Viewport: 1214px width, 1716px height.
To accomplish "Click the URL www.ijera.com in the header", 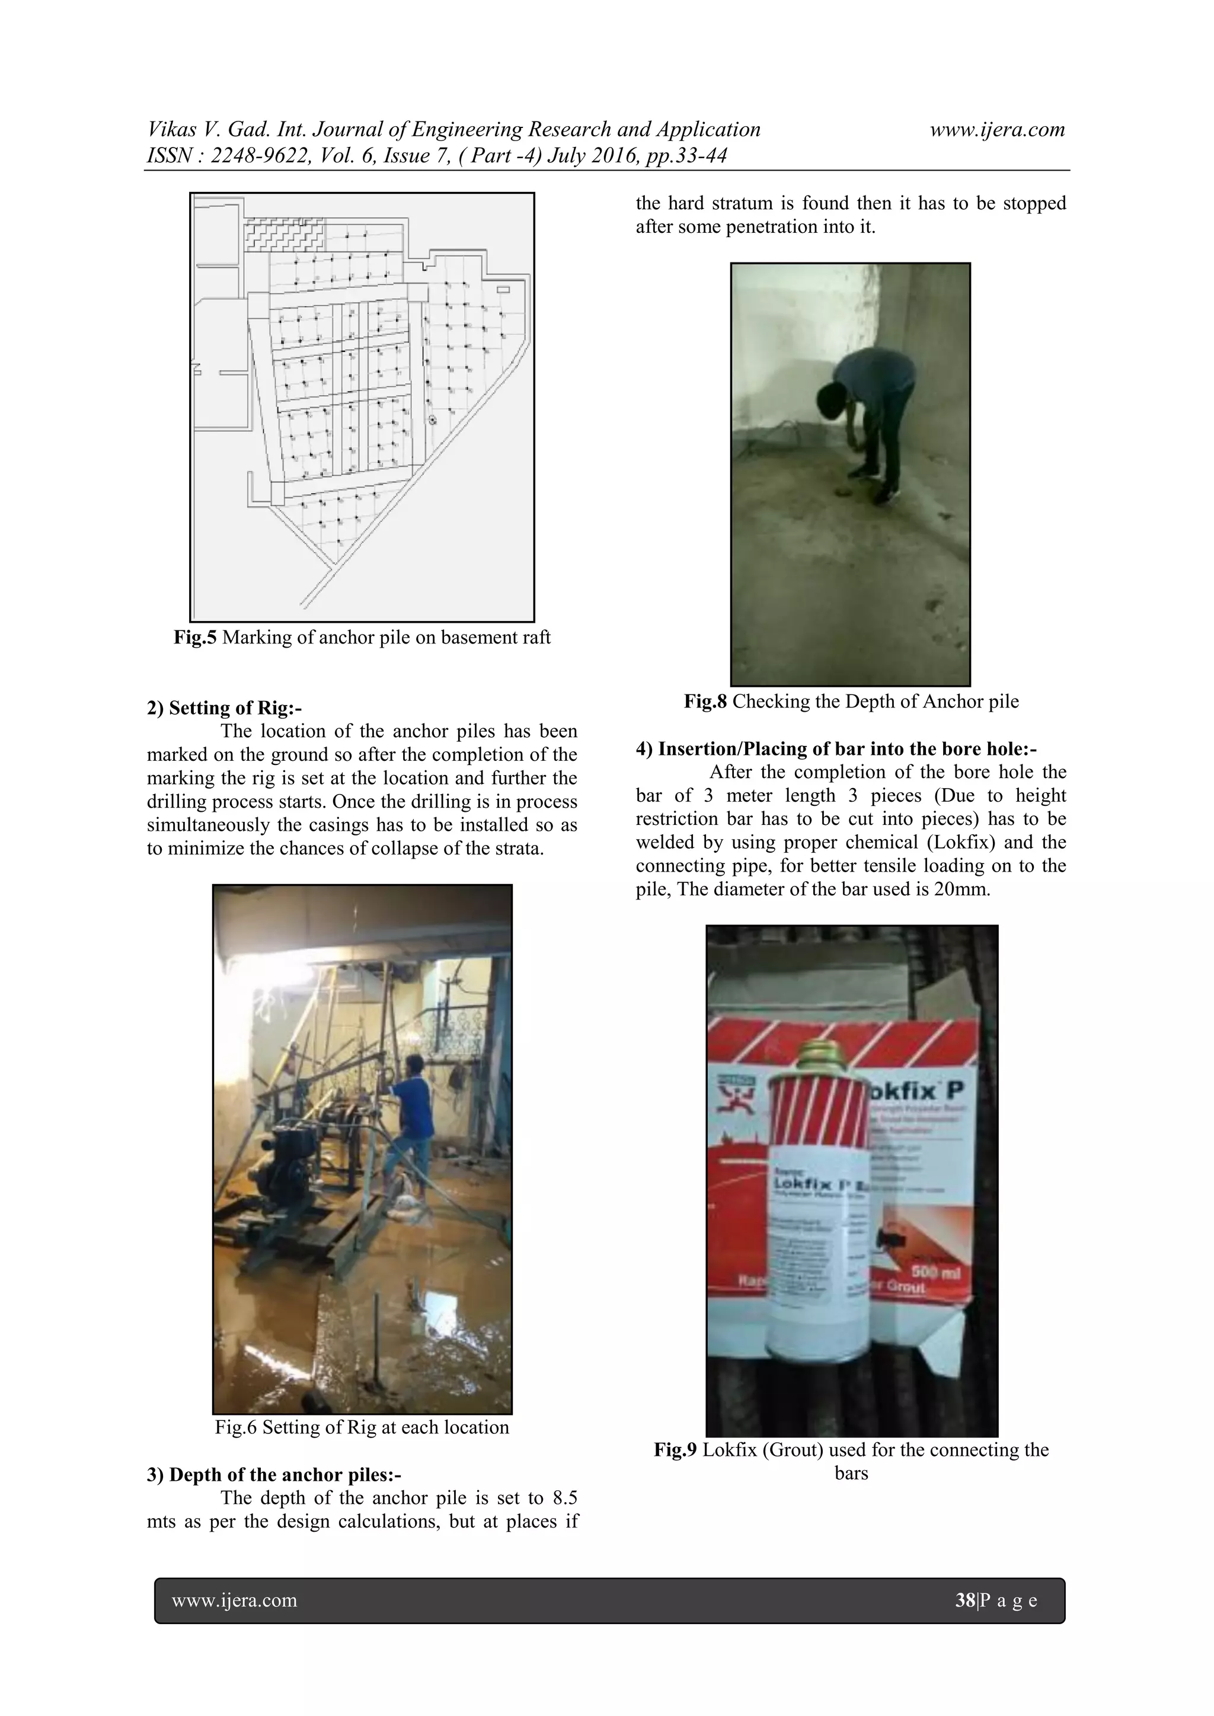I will coord(996,129).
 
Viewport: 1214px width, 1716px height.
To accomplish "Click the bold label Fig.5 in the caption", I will coord(194,638).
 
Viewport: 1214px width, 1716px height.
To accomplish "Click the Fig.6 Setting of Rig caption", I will coord(362,1427).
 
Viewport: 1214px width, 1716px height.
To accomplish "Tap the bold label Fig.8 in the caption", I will coord(705,702).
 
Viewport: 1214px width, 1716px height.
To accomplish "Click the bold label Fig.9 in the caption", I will coord(675,1450).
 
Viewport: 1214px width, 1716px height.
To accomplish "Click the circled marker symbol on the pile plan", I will coord(432,420).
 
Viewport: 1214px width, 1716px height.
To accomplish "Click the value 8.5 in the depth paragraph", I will coord(564,1498).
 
